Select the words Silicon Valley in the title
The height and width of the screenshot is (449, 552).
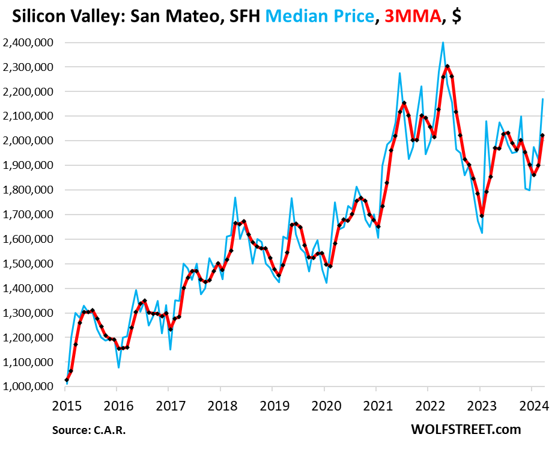(x=59, y=16)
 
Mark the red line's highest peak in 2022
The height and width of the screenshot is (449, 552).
(x=447, y=66)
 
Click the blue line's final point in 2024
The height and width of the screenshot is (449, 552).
(x=543, y=99)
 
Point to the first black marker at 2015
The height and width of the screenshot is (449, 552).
(x=66, y=380)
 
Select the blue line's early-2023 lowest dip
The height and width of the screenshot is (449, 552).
(x=482, y=233)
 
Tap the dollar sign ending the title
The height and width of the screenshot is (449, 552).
(x=456, y=16)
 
